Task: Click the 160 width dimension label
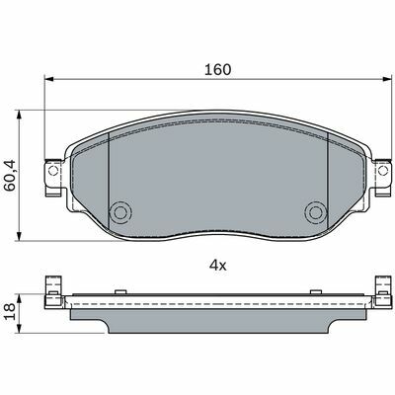[218, 69]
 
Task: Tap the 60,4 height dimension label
[10, 175]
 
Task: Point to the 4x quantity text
[218, 266]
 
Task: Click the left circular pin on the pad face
[120, 212]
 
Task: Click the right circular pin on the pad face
[316, 212]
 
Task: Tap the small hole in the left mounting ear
[53, 171]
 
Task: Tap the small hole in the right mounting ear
[383, 171]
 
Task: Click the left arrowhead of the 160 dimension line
[48, 79]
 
